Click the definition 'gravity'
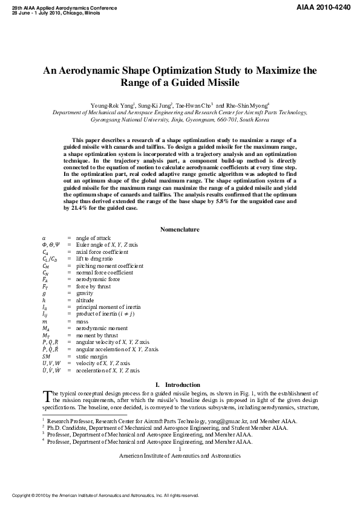(85, 292)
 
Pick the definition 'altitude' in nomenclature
(85, 299)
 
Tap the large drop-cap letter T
(48, 397)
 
